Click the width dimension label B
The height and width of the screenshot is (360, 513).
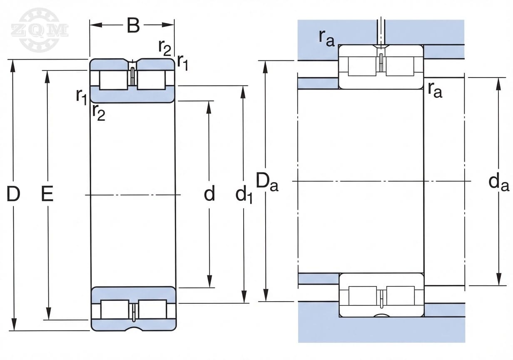[x=133, y=25]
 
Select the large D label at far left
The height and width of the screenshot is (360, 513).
[x=13, y=194]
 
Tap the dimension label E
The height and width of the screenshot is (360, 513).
[x=47, y=194]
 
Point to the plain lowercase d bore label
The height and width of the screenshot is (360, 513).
[x=209, y=194]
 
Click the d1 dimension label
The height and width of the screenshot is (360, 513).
[x=244, y=195]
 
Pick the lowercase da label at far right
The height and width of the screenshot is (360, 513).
[x=498, y=182]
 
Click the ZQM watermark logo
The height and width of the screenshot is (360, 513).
[x=40, y=30]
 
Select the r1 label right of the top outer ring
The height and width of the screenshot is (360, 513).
[x=182, y=62]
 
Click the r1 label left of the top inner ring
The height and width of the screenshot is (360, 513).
[x=81, y=96]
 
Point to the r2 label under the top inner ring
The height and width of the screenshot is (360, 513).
[x=99, y=112]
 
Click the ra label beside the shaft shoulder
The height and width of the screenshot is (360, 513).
[x=434, y=90]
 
